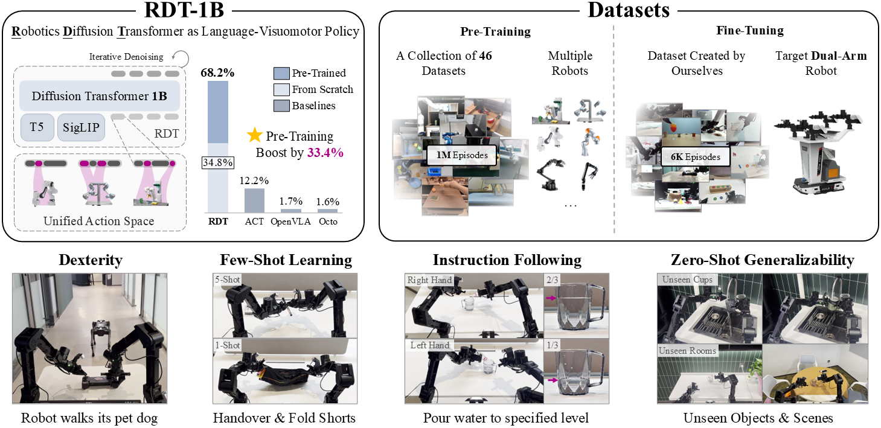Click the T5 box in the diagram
pyautogui.click(x=36, y=128)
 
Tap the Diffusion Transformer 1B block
pyautogui.click(x=100, y=96)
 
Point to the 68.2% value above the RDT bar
pyautogui.click(x=217, y=72)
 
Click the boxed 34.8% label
pyautogui.click(x=217, y=162)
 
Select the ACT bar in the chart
pyautogui.click(x=254, y=199)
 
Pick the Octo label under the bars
pyautogui.click(x=328, y=222)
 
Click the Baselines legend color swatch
pyautogui.click(x=281, y=105)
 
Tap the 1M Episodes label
pyautogui.click(x=463, y=155)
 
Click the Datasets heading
pyautogui.click(x=630, y=10)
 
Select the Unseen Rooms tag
pyautogui.click(x=688, y=351)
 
